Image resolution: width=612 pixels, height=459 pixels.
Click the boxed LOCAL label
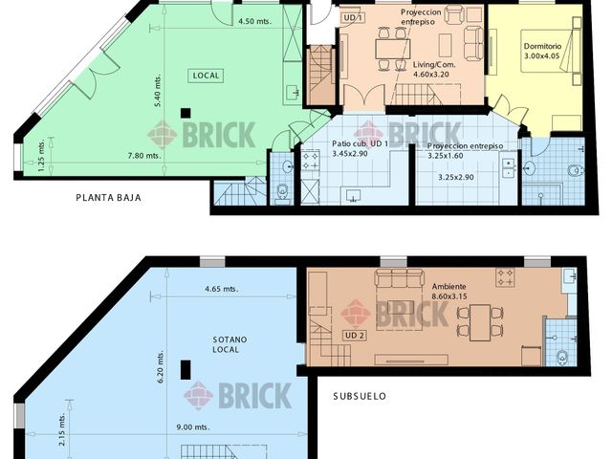(207, 76)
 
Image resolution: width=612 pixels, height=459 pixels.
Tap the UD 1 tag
(353, 17)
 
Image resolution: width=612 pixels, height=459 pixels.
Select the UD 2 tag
(355, 336)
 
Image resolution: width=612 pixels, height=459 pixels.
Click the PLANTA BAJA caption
(108, 198)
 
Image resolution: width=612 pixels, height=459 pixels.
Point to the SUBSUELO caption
(360, 396)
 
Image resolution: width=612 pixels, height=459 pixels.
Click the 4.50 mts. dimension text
(255, 21)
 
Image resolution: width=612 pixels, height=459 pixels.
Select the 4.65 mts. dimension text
(221, 289)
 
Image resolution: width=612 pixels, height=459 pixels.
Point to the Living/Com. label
(434, 65)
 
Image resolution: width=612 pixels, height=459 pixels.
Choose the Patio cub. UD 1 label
(360, 143)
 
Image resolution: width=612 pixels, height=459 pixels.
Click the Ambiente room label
(448, 287)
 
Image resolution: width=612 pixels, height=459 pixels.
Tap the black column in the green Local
(186, 113)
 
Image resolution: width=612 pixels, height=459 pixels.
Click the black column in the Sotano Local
(186, 370)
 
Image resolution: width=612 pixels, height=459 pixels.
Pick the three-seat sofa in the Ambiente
(400, 278)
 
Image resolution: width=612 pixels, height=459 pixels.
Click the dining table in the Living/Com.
(393, 49)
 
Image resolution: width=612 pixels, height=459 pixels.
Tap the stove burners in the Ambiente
(505, 276)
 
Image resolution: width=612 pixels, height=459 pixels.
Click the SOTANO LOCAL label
(229, 344)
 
